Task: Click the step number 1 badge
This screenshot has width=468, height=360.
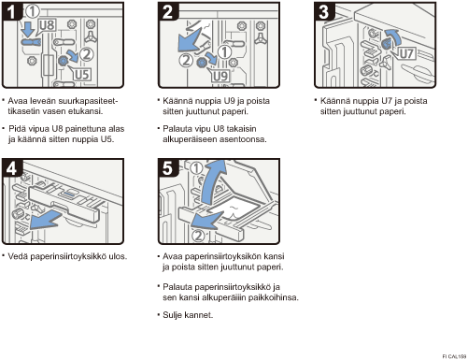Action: coord(11,11)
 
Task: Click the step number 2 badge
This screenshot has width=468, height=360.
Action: coord(168,11)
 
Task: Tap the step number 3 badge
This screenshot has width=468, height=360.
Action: coord(324,11)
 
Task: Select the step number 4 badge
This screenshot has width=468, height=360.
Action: coord(12,168)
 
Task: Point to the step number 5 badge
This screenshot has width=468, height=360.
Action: coord(168,168)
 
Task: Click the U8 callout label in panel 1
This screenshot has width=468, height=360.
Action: coord(48,25)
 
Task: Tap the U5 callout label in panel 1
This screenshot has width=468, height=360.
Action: coord(82,75)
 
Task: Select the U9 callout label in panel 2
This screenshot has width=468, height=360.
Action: coord(220,76)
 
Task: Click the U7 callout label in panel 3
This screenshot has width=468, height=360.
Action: coord(406,53)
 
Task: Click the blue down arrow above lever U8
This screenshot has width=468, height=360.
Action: coord(29,29)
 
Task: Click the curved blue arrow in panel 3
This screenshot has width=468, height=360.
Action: coord(393,36)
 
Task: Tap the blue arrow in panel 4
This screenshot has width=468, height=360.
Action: coord(47,220)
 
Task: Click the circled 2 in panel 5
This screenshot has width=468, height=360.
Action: coord(198,236)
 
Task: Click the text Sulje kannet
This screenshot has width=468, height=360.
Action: coord(188,315)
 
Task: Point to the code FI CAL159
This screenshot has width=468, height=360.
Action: coord(454,356)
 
